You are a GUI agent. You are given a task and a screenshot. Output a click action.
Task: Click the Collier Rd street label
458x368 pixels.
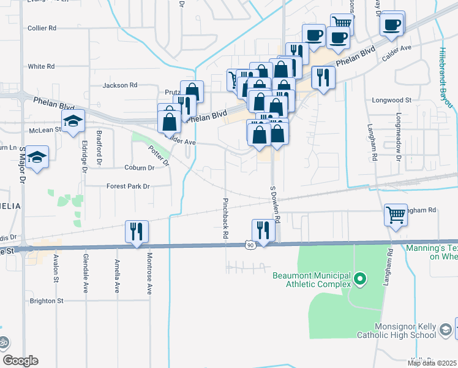coord(42,28)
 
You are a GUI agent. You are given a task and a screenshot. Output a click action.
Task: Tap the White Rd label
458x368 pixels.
coord(42,66)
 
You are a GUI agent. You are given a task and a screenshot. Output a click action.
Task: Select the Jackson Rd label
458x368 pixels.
coord(119,85)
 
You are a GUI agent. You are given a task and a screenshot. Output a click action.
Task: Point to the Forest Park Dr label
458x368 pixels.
coord(128,186)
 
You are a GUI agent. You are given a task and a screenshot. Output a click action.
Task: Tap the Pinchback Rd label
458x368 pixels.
coord(226,218)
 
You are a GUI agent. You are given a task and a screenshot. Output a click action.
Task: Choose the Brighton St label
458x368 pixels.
coord(47,301)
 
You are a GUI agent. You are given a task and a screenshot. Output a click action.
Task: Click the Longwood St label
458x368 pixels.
coord(392,100)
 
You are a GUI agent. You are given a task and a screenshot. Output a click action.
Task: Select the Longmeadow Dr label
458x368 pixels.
coord(399,137)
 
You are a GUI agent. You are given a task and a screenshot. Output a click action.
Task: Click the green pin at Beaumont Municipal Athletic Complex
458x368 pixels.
coord(360,280)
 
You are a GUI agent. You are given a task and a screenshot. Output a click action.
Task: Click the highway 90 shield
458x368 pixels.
coord(249,245)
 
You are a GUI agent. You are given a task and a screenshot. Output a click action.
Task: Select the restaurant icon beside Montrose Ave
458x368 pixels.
coord(135,231)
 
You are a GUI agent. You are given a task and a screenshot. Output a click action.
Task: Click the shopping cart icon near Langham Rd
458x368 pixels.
coord(396,215)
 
